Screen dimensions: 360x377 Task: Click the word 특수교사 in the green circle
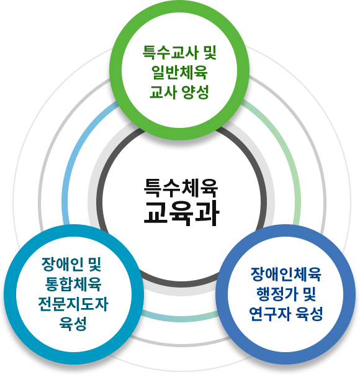click(x=170, y=52)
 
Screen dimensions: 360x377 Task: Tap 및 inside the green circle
click(x=210, y=52)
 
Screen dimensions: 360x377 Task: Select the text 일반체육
click(x=179, y=72)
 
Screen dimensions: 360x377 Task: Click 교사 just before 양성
click(x=163, y=92)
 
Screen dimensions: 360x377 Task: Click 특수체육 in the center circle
click(x=181, y=188)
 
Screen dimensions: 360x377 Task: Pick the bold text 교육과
click(x=181, y=214)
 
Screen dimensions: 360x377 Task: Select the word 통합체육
click(x=73, y=284)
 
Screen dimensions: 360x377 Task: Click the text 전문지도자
click(x=73, y=304)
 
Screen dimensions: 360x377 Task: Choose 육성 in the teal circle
click(x=73, y=324)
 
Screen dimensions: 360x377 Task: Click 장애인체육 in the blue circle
click(x=286, y=274)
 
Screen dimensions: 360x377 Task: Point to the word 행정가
click(x=277, y=294)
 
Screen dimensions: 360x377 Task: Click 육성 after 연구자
click(x=309, y=314)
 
